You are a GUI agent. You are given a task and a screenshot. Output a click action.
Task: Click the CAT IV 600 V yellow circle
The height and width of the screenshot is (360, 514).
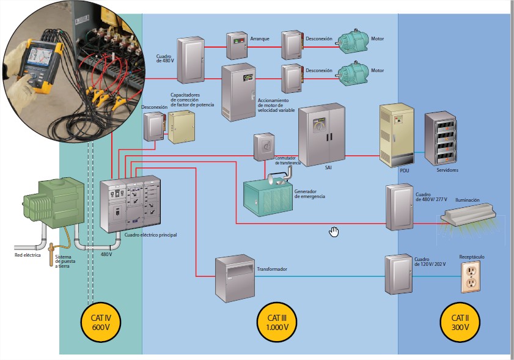tap(100, 322)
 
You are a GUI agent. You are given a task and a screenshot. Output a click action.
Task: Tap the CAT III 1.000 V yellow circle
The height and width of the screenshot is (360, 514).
tap(281, 322)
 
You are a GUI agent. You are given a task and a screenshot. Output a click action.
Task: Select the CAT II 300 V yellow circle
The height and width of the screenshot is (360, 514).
tap(460, 322)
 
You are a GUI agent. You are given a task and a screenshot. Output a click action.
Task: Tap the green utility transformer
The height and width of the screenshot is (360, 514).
tap(53, 202)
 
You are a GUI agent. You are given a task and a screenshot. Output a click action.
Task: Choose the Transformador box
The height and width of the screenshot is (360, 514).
tap(235, 279)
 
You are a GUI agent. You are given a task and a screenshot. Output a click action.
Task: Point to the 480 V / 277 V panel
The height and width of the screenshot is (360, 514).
tap(400, 207)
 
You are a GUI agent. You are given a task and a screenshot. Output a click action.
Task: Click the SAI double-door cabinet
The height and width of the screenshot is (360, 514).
tap(321, 134)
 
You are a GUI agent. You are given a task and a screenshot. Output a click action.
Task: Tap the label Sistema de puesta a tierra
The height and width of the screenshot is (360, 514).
tap(67, 261)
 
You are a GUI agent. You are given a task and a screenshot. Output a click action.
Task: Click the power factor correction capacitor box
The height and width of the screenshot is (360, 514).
tap(182, 128)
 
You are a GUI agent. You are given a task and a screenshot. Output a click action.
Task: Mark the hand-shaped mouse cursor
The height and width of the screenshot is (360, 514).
tap(334, 231)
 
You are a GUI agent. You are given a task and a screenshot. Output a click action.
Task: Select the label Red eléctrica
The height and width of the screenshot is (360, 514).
tap(28, 255)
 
